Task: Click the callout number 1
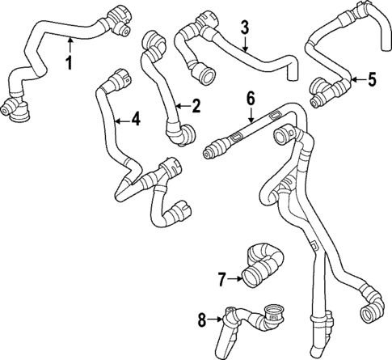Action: pos(70,61)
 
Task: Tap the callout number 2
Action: pos(194,105)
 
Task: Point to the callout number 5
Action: pos(371,79)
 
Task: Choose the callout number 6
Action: pos(250,98)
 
